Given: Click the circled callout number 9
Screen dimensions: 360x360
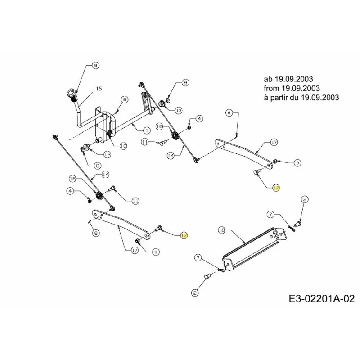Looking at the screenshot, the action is pos(95,65).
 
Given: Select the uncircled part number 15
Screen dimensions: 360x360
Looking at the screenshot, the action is pos(99,89).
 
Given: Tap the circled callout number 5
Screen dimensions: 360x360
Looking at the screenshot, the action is pos(125,99).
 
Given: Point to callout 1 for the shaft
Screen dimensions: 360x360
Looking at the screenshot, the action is pos(147,130).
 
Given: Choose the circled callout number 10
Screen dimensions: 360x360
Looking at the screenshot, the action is pos(123,146).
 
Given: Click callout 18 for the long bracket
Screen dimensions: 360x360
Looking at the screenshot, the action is pos(221,230).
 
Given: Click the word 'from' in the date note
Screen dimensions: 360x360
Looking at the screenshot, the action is pos(271,88).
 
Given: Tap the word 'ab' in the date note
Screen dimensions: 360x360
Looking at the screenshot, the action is pos(268,79).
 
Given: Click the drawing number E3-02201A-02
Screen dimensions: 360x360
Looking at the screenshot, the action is pos(322,299).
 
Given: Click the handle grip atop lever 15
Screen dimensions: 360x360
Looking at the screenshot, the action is pos(71,94).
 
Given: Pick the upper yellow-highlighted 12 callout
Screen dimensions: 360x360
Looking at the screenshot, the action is pos(276,188).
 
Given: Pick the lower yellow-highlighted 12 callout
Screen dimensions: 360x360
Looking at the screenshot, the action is pos(184,235).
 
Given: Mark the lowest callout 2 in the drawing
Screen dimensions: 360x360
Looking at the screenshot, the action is pos(195,293).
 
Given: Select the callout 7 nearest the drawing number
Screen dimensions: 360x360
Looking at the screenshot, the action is pos(198,258).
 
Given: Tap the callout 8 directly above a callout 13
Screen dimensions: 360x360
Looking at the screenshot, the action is pos(185,83).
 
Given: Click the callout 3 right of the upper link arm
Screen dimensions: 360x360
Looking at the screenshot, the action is pos(297,163).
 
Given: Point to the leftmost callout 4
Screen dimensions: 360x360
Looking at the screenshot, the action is pos(71,190).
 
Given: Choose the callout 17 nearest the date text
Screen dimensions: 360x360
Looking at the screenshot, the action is pos(274,142).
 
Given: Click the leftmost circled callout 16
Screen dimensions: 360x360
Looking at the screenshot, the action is pos(73,179).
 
